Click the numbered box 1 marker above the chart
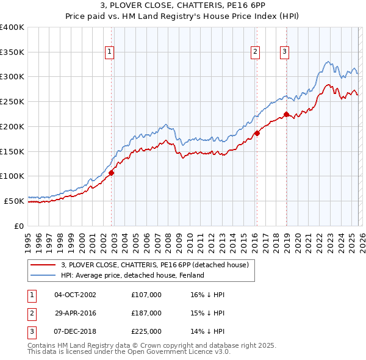pos(109,52)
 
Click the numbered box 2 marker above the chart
pos(255,52)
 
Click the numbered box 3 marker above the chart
pos(284,52)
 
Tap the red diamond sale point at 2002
pos(112,173)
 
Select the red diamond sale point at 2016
pos(257,133)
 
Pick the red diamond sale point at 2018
pos(286,114)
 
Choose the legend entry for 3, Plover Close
pos(154,265)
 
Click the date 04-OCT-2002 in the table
pos(75,295)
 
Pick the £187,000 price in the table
pos(146,313)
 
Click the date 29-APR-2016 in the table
pos(75,313)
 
